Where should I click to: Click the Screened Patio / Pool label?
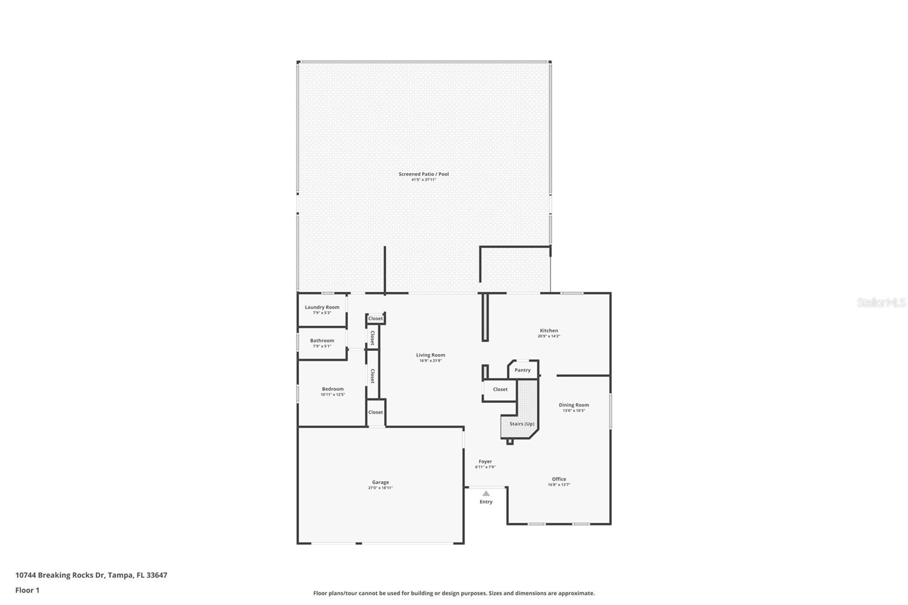click(x=423, y=174)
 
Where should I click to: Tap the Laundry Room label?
click(x=322, y=307)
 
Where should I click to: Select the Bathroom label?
click(x=322, y=341)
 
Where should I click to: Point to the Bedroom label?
click(x=333, y=389)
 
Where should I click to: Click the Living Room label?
click(x=431, y=355)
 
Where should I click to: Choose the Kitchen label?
click(x=549, y=330)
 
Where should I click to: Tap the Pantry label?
click(x=523, y=370)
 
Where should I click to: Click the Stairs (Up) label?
click(x=522, y=424)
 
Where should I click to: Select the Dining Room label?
click(x=574, y=405)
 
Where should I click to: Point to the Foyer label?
click(x=485, y=461)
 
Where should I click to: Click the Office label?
click(x=559, y=479)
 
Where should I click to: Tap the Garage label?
click(x=380, y=482)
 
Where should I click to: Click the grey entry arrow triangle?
click(x=486, y=494)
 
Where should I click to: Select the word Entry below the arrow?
click(x=486, y=502)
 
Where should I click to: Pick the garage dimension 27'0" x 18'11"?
click(x=380, y=488)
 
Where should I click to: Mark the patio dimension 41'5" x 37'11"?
click(x=423, y=180)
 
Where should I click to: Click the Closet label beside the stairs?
click(x=500, y=389)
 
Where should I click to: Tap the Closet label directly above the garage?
click(x=375, y=412)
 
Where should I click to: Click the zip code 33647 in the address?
click(x=157, y=575)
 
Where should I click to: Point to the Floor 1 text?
click(x=28, y=590)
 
